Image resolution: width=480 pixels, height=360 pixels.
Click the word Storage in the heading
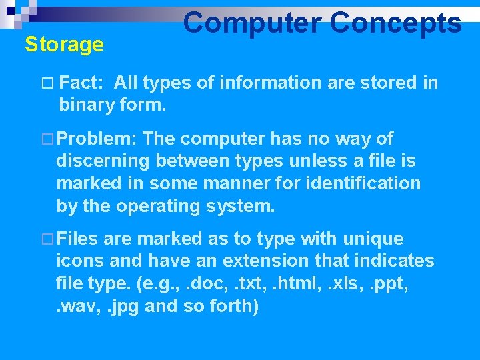tap(64, 45)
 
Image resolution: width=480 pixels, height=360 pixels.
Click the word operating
tap(159, 205)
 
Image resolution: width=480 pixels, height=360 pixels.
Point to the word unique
tap(373, 239)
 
